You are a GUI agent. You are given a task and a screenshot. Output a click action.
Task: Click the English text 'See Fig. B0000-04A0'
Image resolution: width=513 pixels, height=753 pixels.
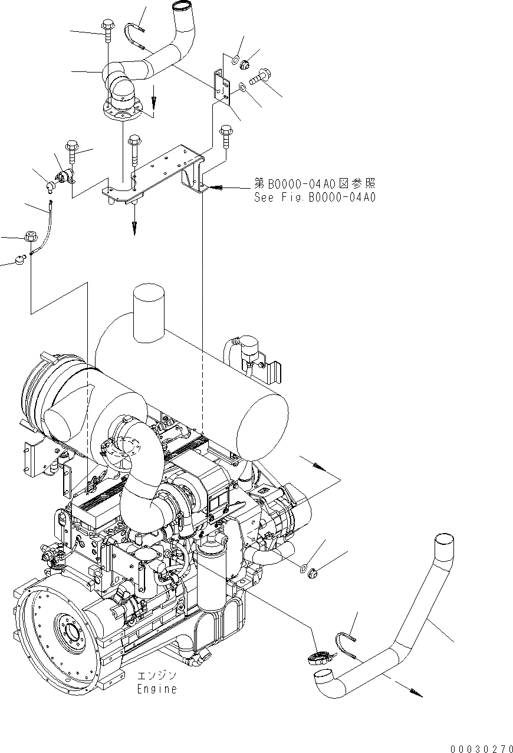coord(314,198)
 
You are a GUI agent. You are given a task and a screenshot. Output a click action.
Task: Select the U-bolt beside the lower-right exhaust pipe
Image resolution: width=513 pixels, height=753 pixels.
coord(344,643)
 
